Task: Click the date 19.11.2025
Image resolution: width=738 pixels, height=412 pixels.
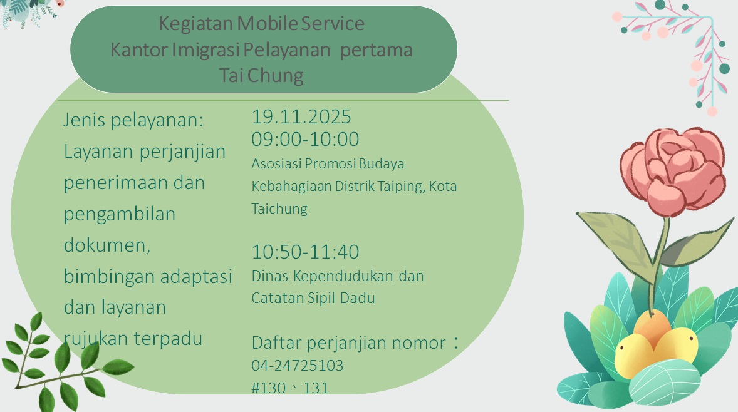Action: click(x=301, y=117)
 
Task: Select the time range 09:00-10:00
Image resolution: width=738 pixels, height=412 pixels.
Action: click(x=305, y=139)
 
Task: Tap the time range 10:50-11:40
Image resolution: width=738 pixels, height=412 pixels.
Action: click(x=305, y=252)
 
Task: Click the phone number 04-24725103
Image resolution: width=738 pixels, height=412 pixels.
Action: click(x=297, y=365)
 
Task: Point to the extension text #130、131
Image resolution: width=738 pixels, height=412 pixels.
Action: click(x=289, y=388)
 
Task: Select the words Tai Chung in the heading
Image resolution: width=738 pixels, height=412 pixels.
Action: click(x=261, y=76)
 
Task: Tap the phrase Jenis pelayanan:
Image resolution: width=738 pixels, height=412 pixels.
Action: click(x=133, y=120)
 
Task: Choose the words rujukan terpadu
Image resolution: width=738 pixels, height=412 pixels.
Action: click(x=133, y=339)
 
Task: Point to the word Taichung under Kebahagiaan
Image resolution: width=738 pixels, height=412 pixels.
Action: click(x=279, y=209)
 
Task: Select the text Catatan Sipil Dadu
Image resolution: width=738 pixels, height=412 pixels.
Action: click(x=313, y=298)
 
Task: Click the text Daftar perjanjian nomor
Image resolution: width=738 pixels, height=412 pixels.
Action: click(x=348, y=343)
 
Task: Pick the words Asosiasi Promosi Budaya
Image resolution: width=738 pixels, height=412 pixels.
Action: click(x=328, y=164)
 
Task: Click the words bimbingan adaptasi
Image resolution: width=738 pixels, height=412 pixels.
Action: click(x=148, y=277)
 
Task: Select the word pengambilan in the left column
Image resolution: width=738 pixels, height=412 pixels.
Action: click(x=119, y=214)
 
